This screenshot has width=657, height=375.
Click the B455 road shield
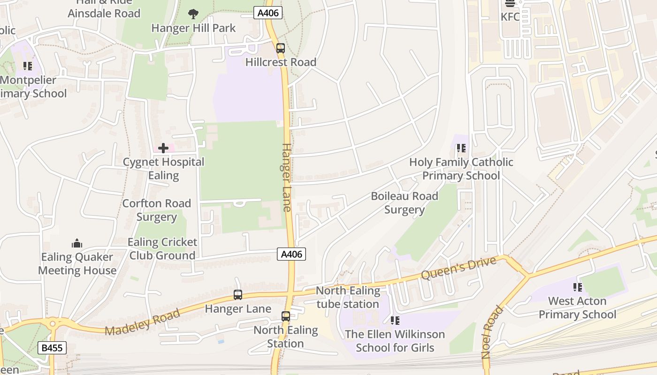point(52,348)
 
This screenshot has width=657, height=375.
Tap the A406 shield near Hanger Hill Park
point(268,13)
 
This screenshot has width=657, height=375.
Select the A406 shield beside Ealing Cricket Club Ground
point(291,254)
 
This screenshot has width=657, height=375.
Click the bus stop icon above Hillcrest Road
point(280,48)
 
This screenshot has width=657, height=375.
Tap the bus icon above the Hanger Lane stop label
point(238,295)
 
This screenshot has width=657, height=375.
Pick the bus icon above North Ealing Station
point(285,316)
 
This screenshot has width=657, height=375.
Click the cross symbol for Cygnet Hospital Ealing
point(163,148)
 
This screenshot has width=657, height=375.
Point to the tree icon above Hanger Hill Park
point(193,14)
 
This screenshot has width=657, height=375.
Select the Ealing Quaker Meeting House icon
point(77,243)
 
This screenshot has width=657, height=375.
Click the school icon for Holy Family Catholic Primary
point(461,148)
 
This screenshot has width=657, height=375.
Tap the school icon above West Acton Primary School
point(577,287)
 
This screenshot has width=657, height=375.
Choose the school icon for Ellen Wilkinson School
point(395,320)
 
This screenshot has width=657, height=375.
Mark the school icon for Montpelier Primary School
point(28,66)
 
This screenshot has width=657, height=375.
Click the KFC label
point(510,17)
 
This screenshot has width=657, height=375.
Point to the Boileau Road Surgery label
point(405,202)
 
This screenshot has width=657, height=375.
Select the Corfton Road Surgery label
point(156,210)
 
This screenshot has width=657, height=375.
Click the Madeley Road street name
point(142,322)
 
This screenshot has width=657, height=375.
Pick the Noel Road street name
point(491,332)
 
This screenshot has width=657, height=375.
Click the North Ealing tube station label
point(348,297)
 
